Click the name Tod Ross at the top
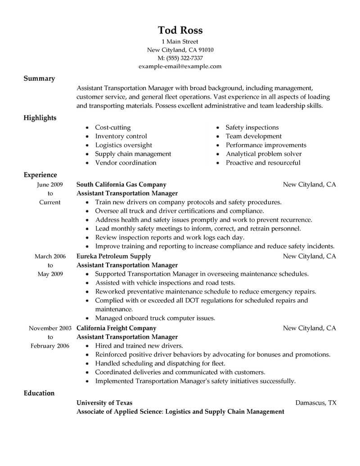[x=180, y=30]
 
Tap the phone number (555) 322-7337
[x=185, y=58]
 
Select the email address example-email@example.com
[x=180, y=66]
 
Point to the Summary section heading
[x=39, y=78]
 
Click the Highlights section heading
[x=40, y=118]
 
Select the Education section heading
[x=39, y=393]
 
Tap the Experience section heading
[x=40, y=175]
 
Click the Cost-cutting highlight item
[x=113, y=128]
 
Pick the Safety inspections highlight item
[x=252, y=128]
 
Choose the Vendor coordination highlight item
[x=126, y=163]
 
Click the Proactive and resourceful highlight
[x=263, y=163]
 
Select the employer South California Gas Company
[x=121, y=185]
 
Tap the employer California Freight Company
[x=117, y=328]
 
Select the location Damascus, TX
[x=315, y=403]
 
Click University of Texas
[x=104, y=403]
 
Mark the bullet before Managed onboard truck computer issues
[x=87, y=318]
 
